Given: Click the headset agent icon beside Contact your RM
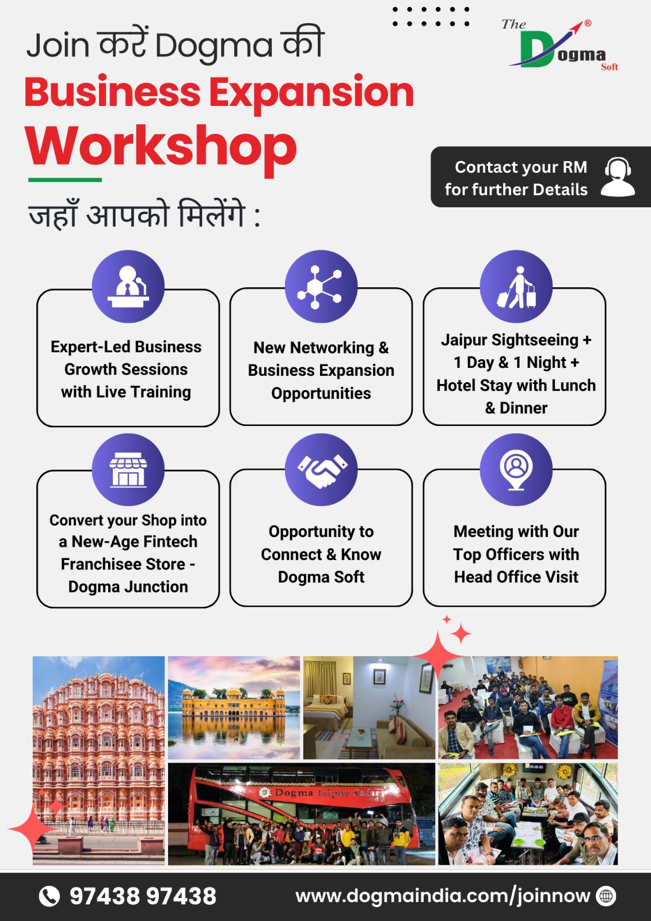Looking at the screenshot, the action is tap(618, 177).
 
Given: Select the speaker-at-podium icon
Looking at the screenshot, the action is tap(128, 286).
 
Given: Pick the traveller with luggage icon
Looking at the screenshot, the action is tap(516, 287).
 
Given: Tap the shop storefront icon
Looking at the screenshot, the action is tap(128, 470).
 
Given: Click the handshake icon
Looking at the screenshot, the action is tap(322, 470).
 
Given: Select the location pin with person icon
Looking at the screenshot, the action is tap(516, 470).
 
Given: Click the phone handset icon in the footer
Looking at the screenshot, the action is tap(50, 896).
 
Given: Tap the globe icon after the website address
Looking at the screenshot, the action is tap(606, 896).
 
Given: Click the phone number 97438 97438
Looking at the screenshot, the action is tap(143, 896).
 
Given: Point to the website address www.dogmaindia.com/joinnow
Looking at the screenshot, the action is tap(443, 896).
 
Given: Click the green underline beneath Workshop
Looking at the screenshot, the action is tap(65, 180).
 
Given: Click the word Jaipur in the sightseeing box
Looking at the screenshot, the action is tap(465, 340).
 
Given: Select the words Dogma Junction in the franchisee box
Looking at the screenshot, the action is tap(128, 587).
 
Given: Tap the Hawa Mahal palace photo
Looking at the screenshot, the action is tap(98, 760).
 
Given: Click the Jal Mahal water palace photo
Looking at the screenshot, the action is tap(234, 707).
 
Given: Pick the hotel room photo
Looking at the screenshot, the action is tap(369, 707).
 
